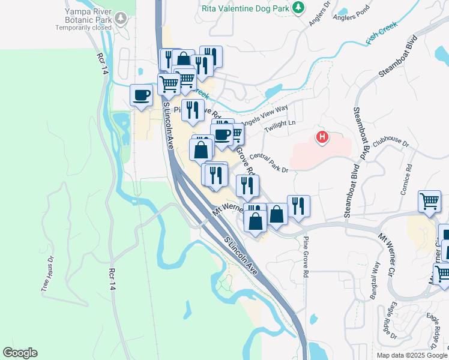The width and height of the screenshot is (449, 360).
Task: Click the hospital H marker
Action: (323, 137)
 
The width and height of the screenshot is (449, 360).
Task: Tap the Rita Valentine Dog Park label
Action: (250, 8)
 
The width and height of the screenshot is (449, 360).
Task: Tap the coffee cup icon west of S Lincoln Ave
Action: (142, 96)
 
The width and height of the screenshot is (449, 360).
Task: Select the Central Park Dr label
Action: (269, 162)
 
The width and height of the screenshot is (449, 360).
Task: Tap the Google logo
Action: (20, 353)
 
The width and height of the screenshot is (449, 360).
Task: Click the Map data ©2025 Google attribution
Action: (412, 355)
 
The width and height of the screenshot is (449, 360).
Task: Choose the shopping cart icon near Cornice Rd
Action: (430, 203)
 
